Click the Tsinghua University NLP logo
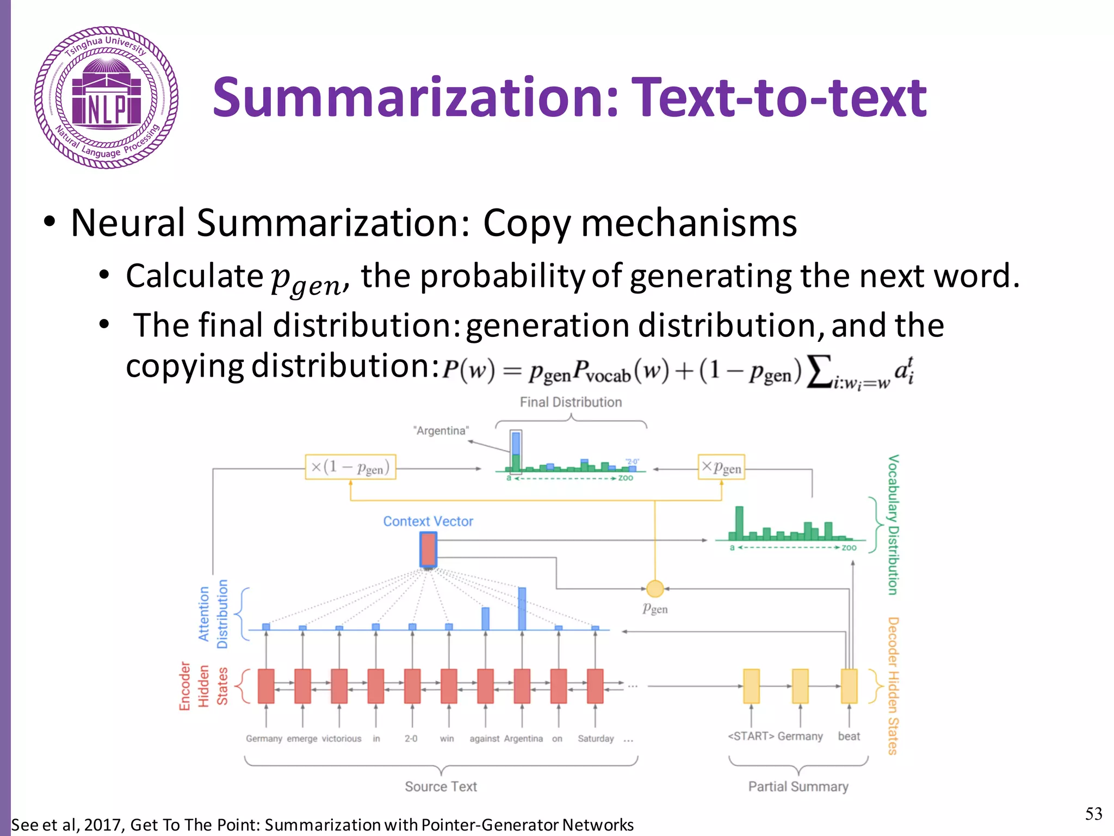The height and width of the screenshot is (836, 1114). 106,97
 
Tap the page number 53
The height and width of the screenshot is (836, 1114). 1093,813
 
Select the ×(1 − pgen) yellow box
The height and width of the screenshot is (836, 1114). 350,467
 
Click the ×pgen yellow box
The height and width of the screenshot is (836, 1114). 721,467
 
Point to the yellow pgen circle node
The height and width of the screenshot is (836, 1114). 655,588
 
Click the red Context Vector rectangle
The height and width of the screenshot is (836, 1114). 428,550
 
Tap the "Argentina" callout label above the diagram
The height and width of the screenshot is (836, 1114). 441,431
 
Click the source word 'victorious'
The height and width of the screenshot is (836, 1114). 342,739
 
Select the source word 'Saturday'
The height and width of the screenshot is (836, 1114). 596,739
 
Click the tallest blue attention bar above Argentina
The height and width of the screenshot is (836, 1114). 522,608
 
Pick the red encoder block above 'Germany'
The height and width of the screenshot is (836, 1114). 266,686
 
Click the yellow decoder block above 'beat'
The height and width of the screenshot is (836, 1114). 849,686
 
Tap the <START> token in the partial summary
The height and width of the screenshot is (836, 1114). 751,736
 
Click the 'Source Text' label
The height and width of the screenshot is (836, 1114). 441,786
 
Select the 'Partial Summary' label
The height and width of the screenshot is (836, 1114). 798,786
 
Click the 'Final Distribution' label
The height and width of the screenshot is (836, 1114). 571,402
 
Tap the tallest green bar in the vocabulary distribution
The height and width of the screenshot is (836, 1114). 739,522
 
